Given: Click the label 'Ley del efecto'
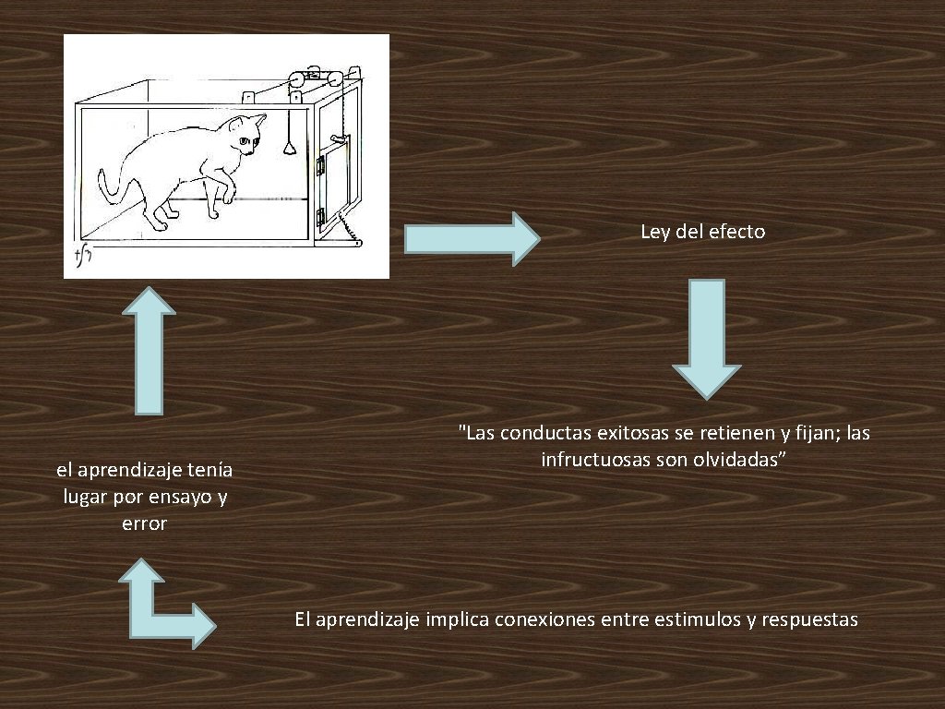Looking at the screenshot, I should coord(703,232).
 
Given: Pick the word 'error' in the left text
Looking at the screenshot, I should coord(144,523).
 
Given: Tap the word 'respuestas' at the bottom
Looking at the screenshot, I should coord(812,619).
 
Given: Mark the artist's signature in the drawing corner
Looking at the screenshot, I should coord(82,256).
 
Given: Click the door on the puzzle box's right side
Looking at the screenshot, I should coord(335,175).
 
